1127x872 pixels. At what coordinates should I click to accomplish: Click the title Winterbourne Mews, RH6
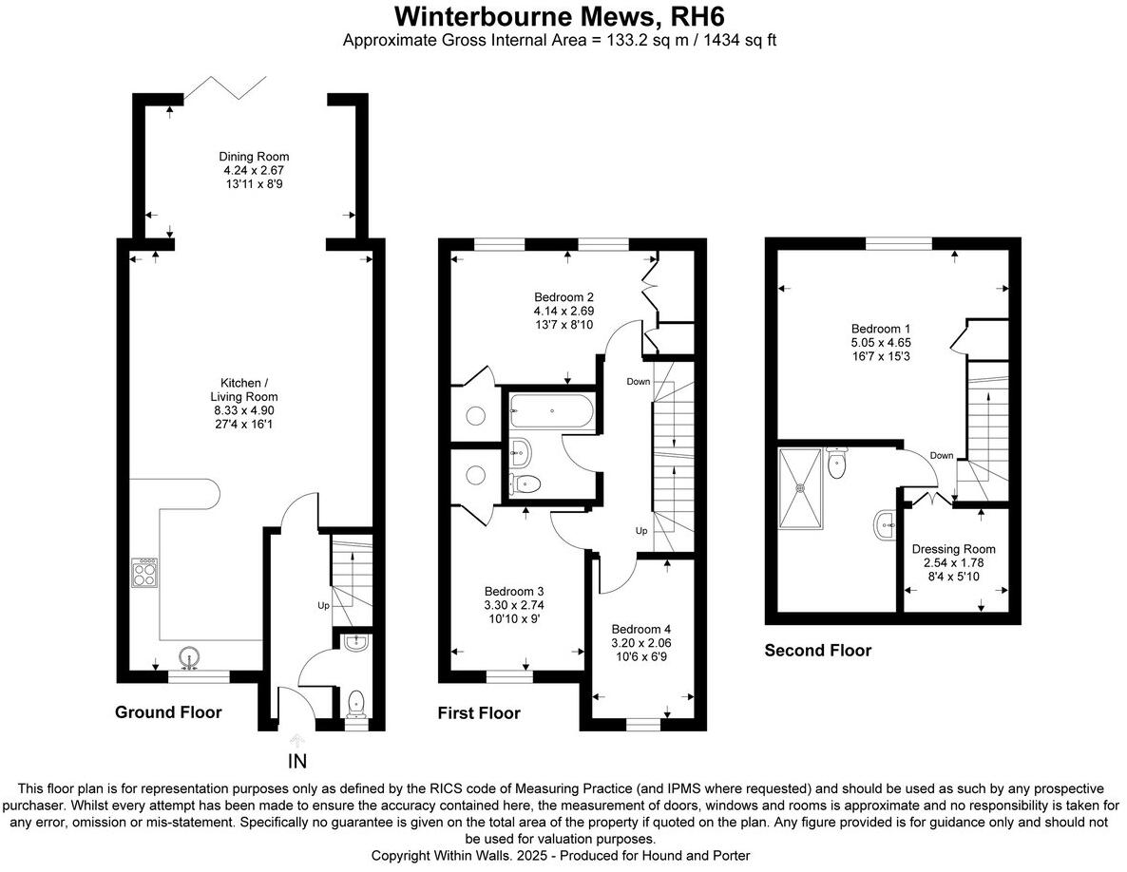pyautogui.click(x=563, y=16)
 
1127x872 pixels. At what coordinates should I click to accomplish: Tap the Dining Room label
pyautogui.click(x=254, y=157)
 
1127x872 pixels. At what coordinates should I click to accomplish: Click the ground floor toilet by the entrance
pyautogui.click(x=356, y=703)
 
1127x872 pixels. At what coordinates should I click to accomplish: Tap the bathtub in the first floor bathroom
pyautogui.click(x=551, y=411)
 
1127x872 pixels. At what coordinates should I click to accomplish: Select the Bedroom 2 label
pyautogui.click(x=564, y=294)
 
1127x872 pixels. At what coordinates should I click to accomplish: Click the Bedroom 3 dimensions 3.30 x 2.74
pyautogui.click(x=514, y=604)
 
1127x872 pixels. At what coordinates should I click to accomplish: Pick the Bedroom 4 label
pyautogui.click(x=641, y=629)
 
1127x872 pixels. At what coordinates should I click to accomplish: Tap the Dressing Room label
pyautogui.click(x=953, y=549)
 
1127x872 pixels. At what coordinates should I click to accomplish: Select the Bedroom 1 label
pyautogui.click(x=881, y=329)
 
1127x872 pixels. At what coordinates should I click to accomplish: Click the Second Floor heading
pyautogui.click(x=817, y=651)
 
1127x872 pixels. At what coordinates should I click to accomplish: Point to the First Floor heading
pyautogui.click(x=479, y=713)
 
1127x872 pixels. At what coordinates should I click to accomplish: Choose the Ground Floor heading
pyautogui.click(x=168, y=712)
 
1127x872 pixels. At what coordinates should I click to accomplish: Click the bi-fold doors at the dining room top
pyautogui.click(x=224, y=89)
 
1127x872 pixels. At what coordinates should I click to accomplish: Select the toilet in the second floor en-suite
pyautogui.click(x=837, y=464)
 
